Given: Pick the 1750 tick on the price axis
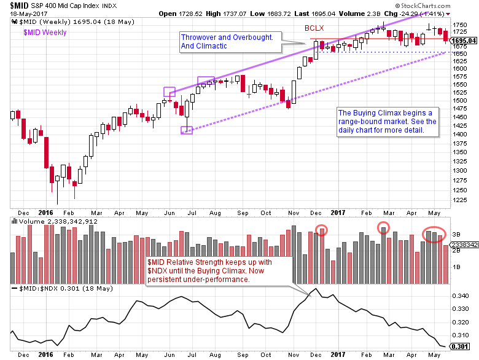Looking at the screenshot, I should (x=459, y=25).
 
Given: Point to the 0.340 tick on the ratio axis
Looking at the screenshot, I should (x=461, y=296).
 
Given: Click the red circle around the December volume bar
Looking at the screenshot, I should (x=322, y=230).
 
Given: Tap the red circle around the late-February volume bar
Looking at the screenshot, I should (x=384, y=227).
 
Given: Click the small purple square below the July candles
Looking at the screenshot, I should (x=187, y=130).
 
